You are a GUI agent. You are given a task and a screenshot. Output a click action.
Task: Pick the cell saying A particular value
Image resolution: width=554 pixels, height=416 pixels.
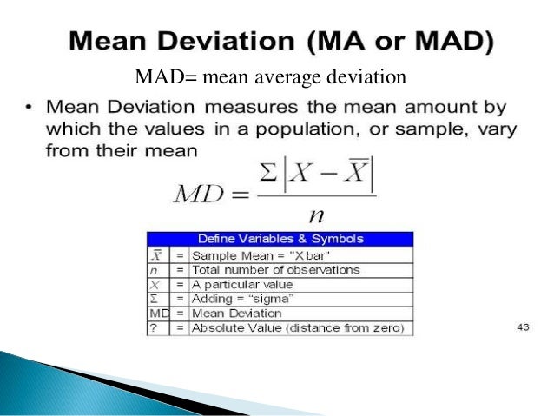(x=242, y=284)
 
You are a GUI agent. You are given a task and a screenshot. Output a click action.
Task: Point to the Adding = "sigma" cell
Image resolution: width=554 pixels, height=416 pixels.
(x=240, y=298)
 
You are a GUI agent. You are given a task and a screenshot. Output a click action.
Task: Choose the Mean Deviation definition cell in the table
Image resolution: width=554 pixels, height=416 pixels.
(x=236, y=313)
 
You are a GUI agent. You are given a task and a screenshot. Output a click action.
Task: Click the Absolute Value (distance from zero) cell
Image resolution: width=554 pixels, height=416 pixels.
(x=287, y=327)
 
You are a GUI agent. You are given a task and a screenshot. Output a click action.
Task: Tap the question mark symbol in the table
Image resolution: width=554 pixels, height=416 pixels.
(x=154, y=327)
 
